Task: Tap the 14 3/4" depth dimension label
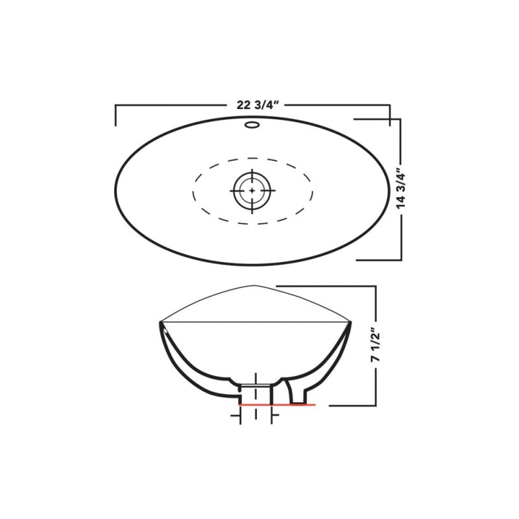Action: pos(403,189)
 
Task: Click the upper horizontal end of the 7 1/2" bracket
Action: pos(324,286)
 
